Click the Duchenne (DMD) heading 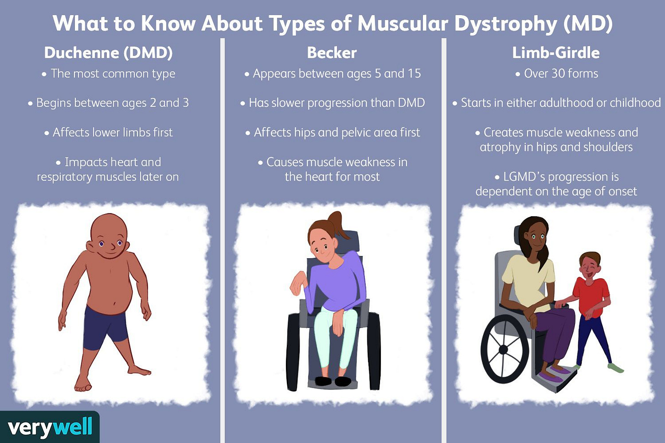click(108, 53)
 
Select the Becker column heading click(332, 53)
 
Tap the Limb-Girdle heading click(555, 53)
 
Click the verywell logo click(50, 427)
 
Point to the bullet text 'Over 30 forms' click(560, 73)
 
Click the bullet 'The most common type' click(113, 73)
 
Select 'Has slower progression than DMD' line click(337, 103)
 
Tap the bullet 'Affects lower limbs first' click(112, 133)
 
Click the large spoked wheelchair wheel click(504, 349)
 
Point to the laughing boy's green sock click(616, 368)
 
